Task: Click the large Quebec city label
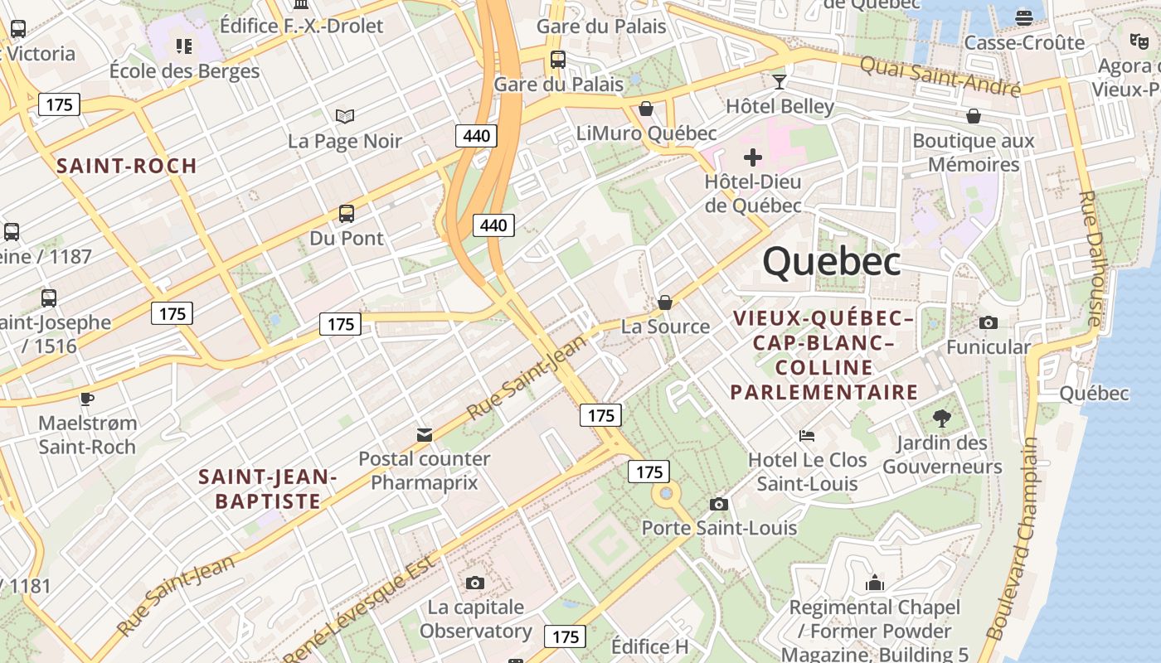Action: click(832, 262)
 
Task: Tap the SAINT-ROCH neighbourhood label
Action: click(127, 166)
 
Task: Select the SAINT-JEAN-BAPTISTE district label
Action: click(268, 489)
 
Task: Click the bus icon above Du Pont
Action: click(347, 214)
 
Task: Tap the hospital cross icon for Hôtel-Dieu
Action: click(753, 157)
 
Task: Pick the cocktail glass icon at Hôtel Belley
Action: click(779, 81)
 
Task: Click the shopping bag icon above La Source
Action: click(665, 302)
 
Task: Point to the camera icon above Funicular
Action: click(988, 322)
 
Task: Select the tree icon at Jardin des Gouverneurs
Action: click(941, 418)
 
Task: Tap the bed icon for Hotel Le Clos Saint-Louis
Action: click(807, 435)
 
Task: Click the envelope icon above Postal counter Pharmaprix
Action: click(425, 434)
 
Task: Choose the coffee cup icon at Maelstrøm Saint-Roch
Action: click(87, 399)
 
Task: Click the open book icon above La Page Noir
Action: click(345, 116)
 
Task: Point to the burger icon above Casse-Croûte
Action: click(1024, 17)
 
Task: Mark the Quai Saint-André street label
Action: click(940, 76)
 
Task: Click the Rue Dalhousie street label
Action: click(1091, 258)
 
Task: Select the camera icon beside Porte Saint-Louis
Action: click(719, 504)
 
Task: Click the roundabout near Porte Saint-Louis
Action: click(665, 495)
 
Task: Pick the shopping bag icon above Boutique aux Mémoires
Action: click(973, 116)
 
